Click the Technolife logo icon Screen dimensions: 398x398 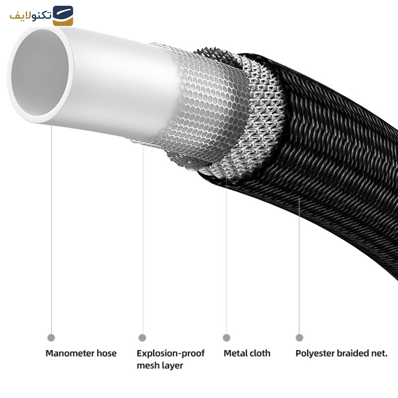tap(63, 15)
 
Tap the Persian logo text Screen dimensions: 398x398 tap(30, 15)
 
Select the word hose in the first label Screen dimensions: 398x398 tap(106, 354)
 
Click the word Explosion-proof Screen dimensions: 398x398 tap(171, 354)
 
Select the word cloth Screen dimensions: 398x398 tap(260, 354)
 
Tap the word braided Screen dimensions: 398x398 tap(354, 354)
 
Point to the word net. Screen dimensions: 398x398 tap(380, 354)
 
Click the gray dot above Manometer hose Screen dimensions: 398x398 tap(51, 338)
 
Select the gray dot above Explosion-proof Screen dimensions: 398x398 tap(142, 338)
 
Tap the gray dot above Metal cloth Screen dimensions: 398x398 tap(226, 338)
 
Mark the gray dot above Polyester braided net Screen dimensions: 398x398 tap(299, 338)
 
